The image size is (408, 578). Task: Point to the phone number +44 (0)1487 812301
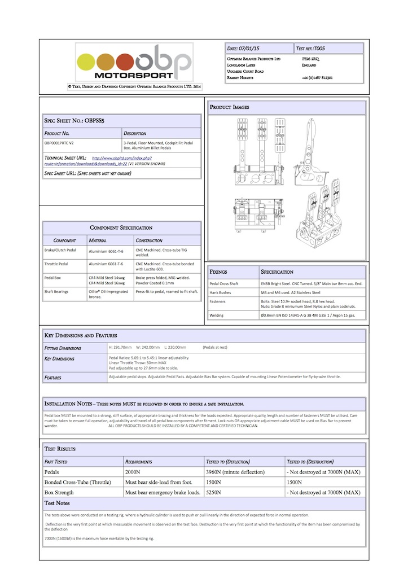pyautogui.click(x=317, y=78)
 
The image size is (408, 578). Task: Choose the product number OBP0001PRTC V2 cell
pyautogui.click(x=59, y=143)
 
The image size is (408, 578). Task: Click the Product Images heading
pyautogui.click(x=230, y=107)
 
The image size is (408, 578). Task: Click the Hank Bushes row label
pyautogui.click(x=222, y=293)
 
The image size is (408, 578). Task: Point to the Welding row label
pyautogui.click(x=217, y=314)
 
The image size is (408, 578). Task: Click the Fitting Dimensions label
pyautogui.click(x=63, y=348)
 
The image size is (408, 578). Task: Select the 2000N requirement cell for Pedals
pyautogui.click(x=135, y=472)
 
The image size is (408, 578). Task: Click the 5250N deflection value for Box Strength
pyautogui.click(x=215, y=492)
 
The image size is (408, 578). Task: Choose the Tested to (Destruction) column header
pyautogui.click(x=310, y=461)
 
